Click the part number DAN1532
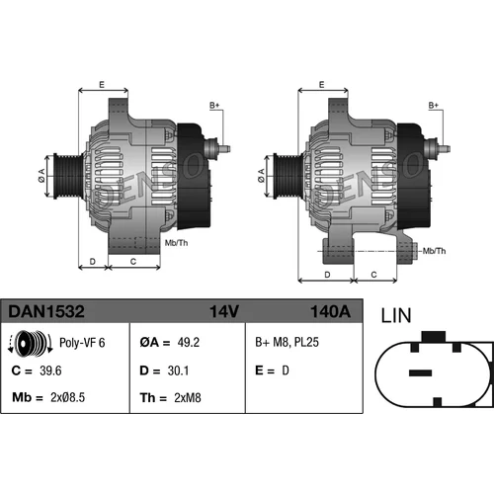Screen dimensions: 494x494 tap(46, 311)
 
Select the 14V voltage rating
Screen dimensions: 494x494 tap(224, 311)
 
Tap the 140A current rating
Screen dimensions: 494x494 tap(330, 311)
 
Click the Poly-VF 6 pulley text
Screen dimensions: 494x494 tap(82, 343)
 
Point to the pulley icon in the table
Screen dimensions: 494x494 tap(30, 343)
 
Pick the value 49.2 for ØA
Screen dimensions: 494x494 tap(189, 343)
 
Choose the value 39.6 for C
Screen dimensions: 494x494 tap(50, 370)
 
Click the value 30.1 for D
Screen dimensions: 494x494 tap(178, 370)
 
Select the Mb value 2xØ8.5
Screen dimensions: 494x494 tap(67, 397)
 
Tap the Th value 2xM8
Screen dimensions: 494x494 tap(188, 398)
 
